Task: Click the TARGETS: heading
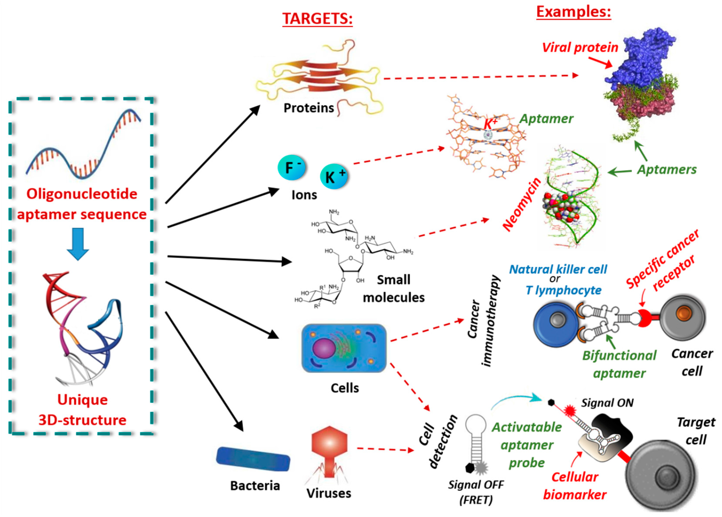point(317,19)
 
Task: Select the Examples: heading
point(574,12)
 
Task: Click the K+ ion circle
point(334,177)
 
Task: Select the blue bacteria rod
point(253,459)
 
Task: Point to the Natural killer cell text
point(558,269)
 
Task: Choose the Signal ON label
point(607,403)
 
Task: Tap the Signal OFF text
point(476,484)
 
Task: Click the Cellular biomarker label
point(575,486)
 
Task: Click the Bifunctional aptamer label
point(619,365)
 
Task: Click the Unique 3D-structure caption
point(83,410)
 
